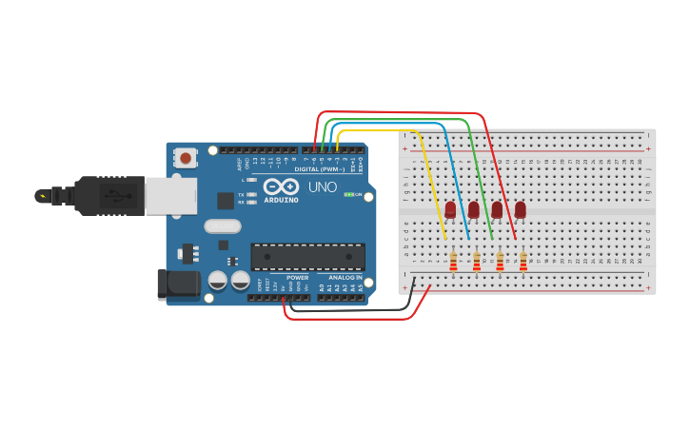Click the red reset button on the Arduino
click(186, 157)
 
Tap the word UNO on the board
click(323, 187)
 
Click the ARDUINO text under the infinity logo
click(281, 200)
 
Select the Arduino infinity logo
click(281, 186)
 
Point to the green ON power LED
click(348, 194)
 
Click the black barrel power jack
click(178, 284)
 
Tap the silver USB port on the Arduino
click(170, 196)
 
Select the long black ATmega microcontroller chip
click(307, 256)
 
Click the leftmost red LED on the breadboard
click(450, 210)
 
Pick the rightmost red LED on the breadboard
click(521, 210)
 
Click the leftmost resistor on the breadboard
click(453, 261)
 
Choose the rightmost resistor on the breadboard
click(522, 261)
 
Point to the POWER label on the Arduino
click(297, 278)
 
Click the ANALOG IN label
click(345, 278)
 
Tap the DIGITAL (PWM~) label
click(319, 168)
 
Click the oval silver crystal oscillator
click(223, 226)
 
